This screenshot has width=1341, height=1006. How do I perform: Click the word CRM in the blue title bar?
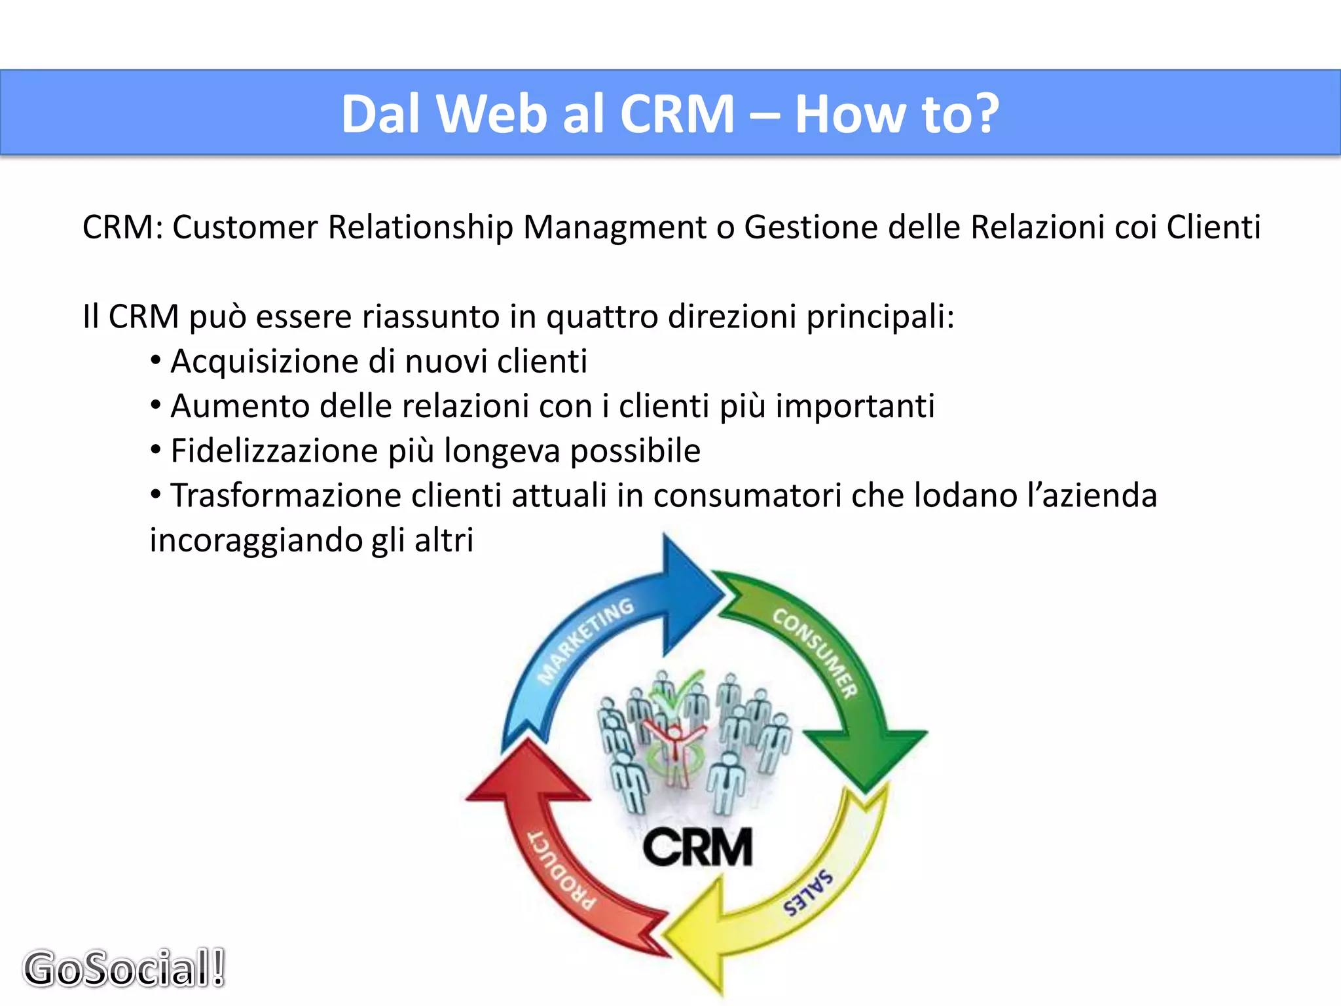[x=677, y=114]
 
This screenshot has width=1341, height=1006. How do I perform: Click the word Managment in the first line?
[x=614, y=228]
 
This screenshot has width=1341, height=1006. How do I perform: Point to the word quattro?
[x=602, y=318]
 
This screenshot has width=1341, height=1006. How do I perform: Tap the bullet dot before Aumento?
[x=156, y=405]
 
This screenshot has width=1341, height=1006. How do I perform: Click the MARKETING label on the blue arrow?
[x=585, y=640]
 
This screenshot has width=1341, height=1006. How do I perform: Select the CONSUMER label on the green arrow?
[x=815, y=652]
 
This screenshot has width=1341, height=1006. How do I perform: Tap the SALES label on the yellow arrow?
[x=809, y=892]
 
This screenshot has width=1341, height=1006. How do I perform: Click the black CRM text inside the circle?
[x=697, y=847]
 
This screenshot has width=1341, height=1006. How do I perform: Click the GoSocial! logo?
[x=124, y=968]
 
